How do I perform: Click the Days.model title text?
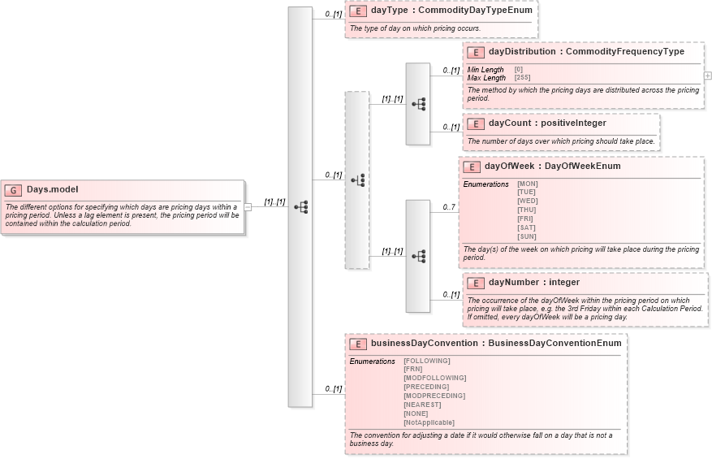52,189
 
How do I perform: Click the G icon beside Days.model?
13,190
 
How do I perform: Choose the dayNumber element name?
514,282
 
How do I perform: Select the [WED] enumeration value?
527,201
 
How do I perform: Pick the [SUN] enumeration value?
527,236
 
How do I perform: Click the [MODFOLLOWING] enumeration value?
434,378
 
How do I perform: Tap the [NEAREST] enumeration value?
422,405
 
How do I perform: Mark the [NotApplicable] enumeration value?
429,422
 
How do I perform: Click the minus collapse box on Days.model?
248,207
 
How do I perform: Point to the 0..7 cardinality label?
448,207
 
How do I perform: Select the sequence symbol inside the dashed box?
357,180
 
